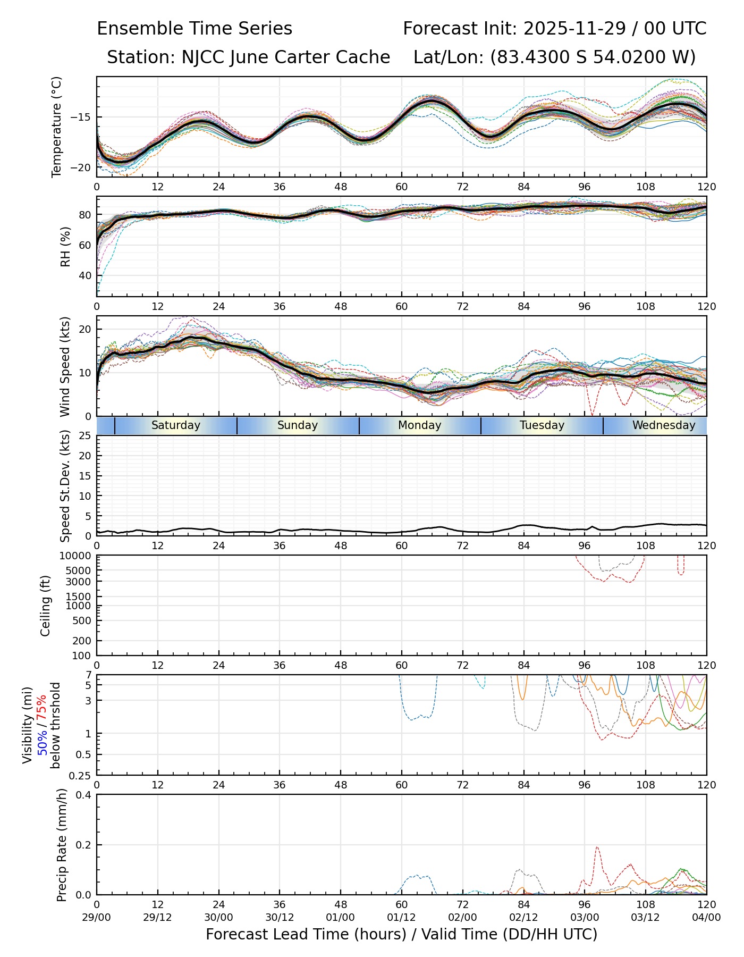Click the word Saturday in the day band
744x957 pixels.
coord(176,425)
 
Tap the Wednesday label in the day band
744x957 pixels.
coord(664,425)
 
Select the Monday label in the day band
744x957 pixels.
coord(420,425)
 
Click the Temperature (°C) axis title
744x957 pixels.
coord(57,127)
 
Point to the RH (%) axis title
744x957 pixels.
coord(65,246)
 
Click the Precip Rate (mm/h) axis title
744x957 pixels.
coord(62,845)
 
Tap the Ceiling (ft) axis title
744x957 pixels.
coord(46,606)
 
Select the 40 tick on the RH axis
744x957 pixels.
coord(86,275)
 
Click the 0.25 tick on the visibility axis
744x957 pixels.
coord(81,775)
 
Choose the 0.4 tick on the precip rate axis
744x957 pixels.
coord(84,795)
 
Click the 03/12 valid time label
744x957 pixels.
coord(646,917)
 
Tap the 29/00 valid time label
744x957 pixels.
coord(97,917)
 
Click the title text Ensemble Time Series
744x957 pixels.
coord(195,29)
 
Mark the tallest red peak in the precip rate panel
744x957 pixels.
coord(597,847)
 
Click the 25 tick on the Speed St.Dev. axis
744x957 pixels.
coord(86,436)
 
